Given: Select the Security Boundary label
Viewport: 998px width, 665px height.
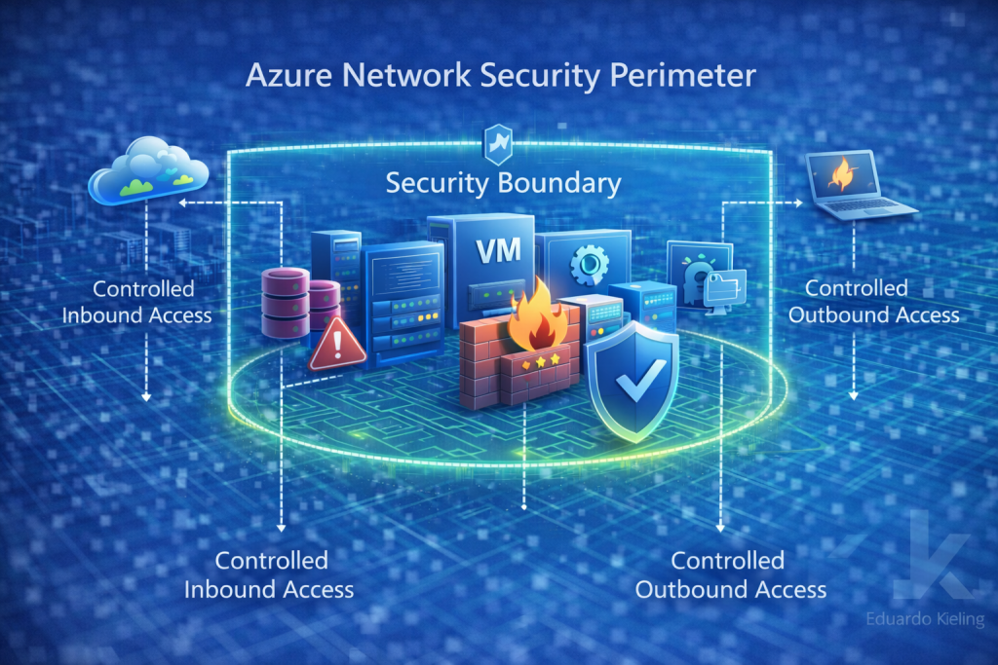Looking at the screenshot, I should pyautogui.click(x=502, y=182).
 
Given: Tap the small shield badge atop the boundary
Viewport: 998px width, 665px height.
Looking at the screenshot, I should pyautogui.click(x=498, y=142).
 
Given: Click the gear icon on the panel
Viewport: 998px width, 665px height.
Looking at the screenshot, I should pyautogui.click(x=588, y=264).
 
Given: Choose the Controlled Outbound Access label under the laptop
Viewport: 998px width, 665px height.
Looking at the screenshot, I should pyautogui.click(x=873, y=301).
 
